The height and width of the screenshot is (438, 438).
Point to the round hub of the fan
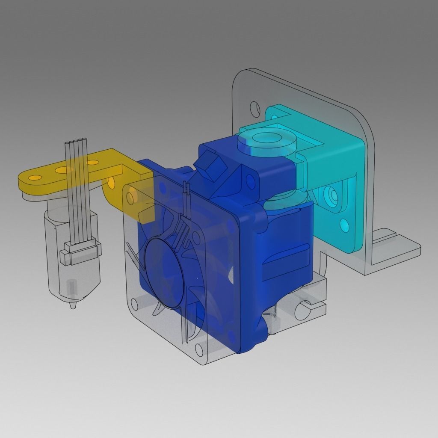[x=165, y=274]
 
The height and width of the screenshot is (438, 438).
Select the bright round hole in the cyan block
[x=345, y=224]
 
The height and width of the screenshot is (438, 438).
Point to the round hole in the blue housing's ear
[x=247, y=176]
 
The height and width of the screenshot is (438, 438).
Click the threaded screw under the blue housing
[x=274, y=319]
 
